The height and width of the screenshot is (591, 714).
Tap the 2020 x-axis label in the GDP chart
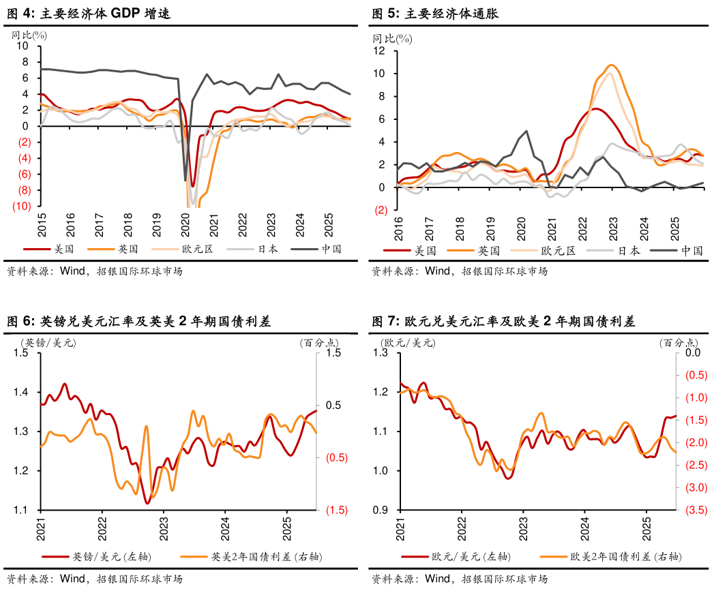coord(185,224)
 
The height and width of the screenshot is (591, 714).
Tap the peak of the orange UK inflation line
coord(611,65)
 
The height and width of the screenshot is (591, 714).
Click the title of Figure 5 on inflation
coord(447,13)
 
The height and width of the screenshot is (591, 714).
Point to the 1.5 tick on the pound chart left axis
coord(23,352)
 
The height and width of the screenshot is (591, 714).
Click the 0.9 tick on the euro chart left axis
coord(383,510)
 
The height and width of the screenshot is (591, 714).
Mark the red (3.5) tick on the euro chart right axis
coord(695,510)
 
